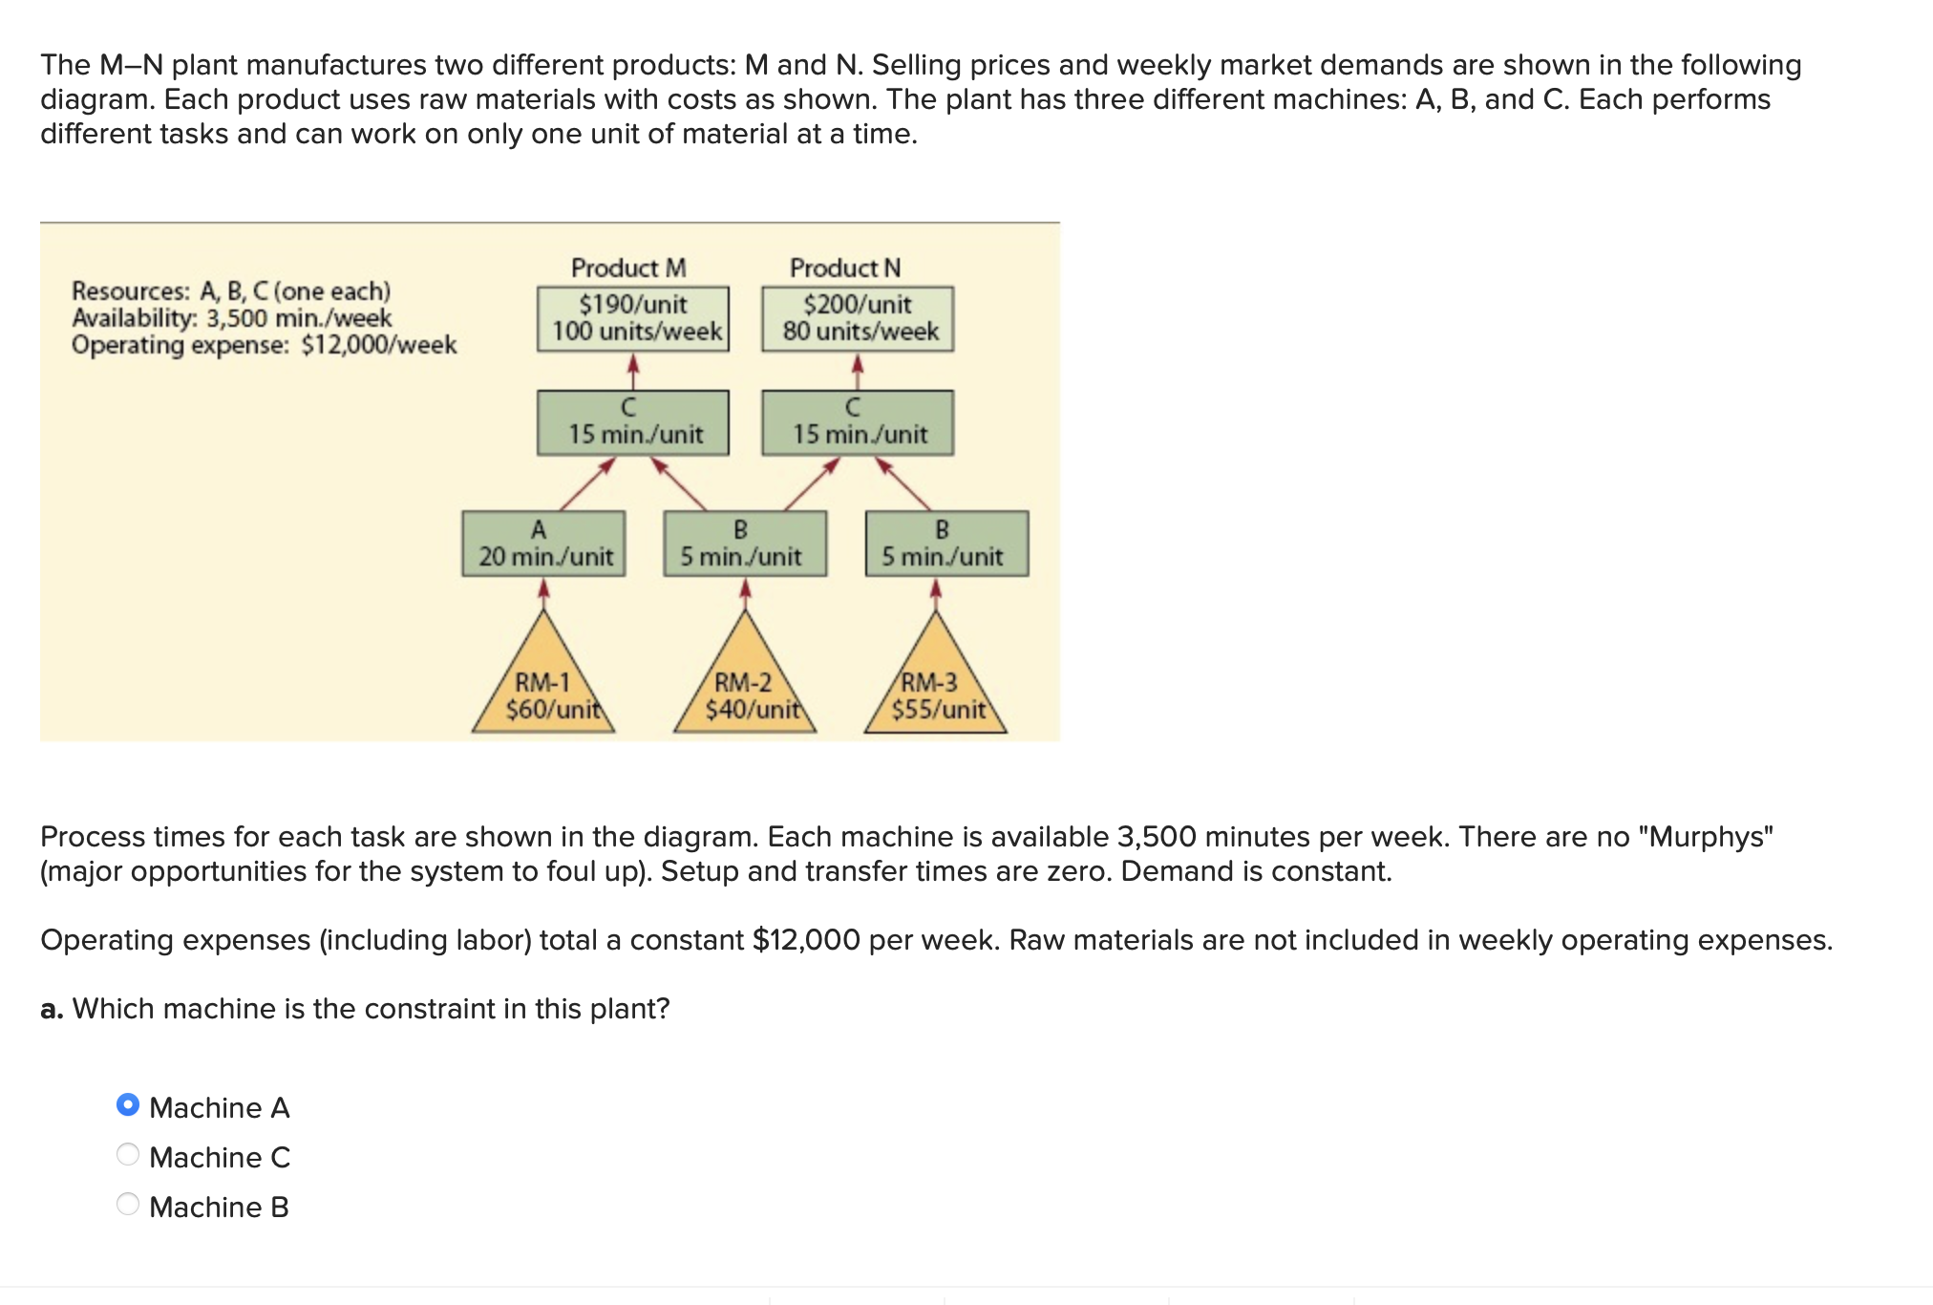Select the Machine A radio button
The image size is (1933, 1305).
128,1105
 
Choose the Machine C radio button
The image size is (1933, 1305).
128,1155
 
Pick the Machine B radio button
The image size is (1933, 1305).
128,1205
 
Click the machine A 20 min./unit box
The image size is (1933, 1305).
544,544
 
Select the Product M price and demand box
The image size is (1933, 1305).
633,319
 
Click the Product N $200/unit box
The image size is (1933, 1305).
858,319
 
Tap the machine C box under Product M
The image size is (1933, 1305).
633,422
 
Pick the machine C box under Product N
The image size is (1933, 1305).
858,422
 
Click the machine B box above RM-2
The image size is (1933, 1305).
746,544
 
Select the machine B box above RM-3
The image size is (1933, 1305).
947,544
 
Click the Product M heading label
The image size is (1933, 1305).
628,267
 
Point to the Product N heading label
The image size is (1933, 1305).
845,267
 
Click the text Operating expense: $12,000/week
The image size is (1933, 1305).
265,345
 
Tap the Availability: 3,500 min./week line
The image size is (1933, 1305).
232,318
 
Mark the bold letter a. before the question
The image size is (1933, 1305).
52,1009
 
